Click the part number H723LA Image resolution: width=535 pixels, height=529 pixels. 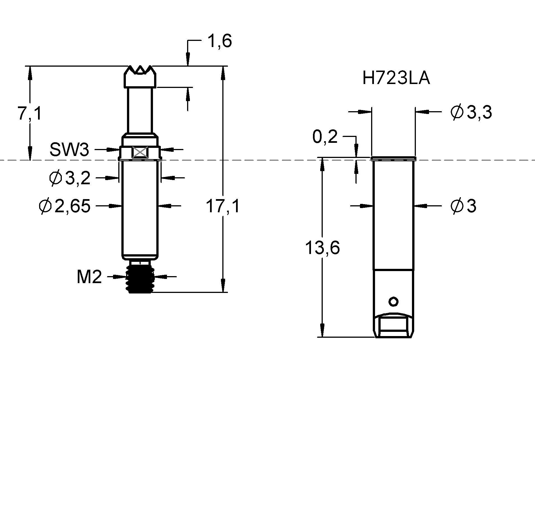click(x=396, y=78)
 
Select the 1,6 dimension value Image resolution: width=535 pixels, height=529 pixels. click(x=220, y=41)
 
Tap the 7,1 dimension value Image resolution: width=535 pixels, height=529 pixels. click(x=30, y=113)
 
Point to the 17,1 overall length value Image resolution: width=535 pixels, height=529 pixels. click(x=223, y=206)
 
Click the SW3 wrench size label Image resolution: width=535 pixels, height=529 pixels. click(x=69, y=150)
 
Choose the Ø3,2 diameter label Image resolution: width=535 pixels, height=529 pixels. click(x=70, y=178)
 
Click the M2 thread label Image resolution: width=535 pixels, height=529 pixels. click(x=89, y=277)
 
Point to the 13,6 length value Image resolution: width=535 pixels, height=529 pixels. click(x=322, y=248)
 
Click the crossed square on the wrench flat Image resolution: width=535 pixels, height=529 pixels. click(x=140, y=153)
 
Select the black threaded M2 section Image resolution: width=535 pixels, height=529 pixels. click(x=140, y=279)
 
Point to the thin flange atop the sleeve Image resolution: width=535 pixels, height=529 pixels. click(x=393, y=159)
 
